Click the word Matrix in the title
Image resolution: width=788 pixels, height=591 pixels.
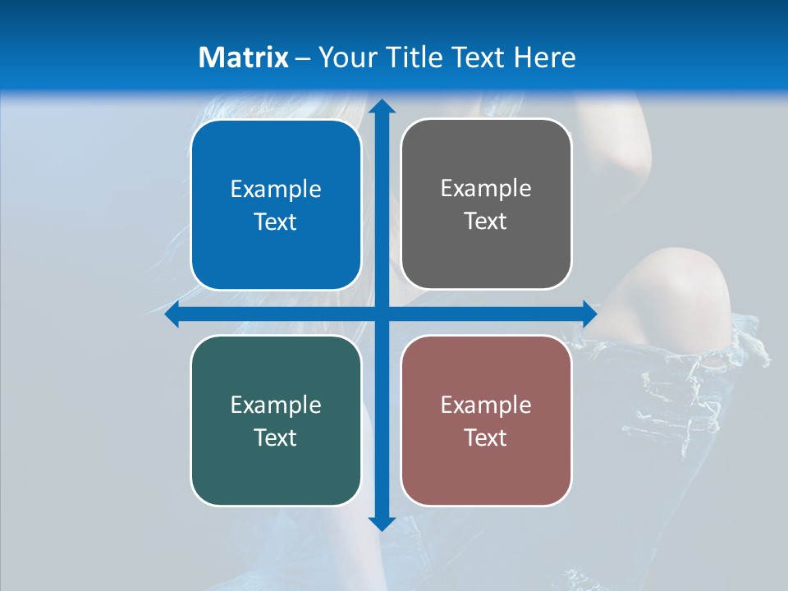pos(244,57)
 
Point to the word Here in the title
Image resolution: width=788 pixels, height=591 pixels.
pos(545,57)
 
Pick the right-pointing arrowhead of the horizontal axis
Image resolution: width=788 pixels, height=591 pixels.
pos(589,314)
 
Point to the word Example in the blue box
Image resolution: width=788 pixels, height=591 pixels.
pos(276,190)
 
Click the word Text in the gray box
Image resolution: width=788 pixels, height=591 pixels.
pos(486,222)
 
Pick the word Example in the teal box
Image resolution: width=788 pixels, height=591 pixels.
pos(276,405)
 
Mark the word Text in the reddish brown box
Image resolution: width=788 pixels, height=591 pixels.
pos(486,438)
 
